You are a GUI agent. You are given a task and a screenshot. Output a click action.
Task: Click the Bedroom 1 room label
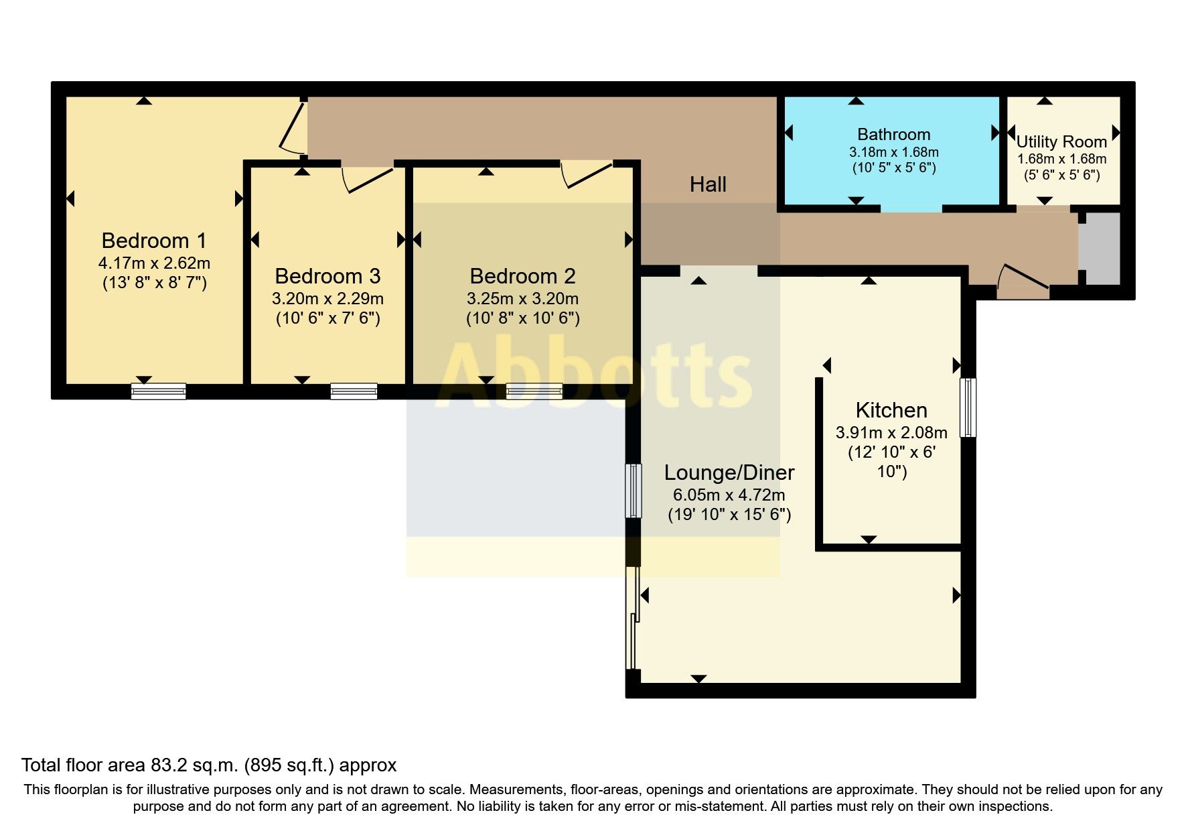pyautogui.click(x=154, y=241)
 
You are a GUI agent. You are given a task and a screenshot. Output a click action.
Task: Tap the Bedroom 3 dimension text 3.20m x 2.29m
pyautogui.click(x=327, y=299)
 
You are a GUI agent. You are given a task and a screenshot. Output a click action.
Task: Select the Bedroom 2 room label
pyautogui.click(x=522, y=276)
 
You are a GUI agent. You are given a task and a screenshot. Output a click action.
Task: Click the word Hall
pyautogui.click(x=708, y=184)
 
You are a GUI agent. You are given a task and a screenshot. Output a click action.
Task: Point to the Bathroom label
pyautogui.click(x=893, y=135)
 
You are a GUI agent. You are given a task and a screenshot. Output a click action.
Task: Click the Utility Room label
pyautogui.click(x=1061, y=142)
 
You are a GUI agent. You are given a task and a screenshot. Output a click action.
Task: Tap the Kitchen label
pyautogui.click(x=891, y=410)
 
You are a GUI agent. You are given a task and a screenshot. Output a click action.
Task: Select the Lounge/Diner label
pyautogui.click(x=729, y=472)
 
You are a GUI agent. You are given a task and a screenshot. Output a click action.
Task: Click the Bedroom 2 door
pyautogui.click(x=586, y=174)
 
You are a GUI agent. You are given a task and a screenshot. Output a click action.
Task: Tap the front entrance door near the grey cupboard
pyautogui.click(x=1023, y=280)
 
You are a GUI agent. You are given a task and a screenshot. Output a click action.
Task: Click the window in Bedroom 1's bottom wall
pyautogui.click(x=159, y=391)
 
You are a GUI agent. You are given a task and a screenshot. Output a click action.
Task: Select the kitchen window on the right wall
pyautogui.click(x=968, y=407)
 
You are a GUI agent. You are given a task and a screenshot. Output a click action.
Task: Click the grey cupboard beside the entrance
pyautogui.click(x=1099, y=248)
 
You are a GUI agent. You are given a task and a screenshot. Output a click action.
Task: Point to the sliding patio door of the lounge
pyautogui.click(x=633, y=618)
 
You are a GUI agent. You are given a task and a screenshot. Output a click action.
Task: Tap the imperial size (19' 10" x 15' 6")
pyautogui.click(x=729, y=515)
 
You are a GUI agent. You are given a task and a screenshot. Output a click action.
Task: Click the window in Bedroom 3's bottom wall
pyautogui.click(x=354, y=391)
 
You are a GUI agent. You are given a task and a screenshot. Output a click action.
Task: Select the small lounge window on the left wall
pyautogui.click(x=633, y=491)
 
